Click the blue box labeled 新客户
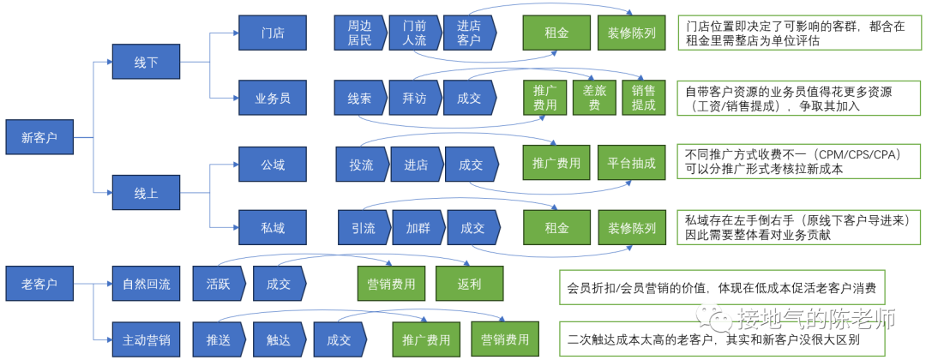[39, 137]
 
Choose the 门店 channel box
[273, 33]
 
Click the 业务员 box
[273, 98]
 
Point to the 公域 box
[273, 164]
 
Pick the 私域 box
[273, 228]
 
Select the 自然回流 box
[146, 282]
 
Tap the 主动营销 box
[146, 339]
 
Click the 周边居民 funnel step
[358, 33]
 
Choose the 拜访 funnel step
[413, 98]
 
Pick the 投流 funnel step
[361, 164]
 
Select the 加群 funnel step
[417, 228]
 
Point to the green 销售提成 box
[643, 98]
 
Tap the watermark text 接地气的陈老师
[815, 320]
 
